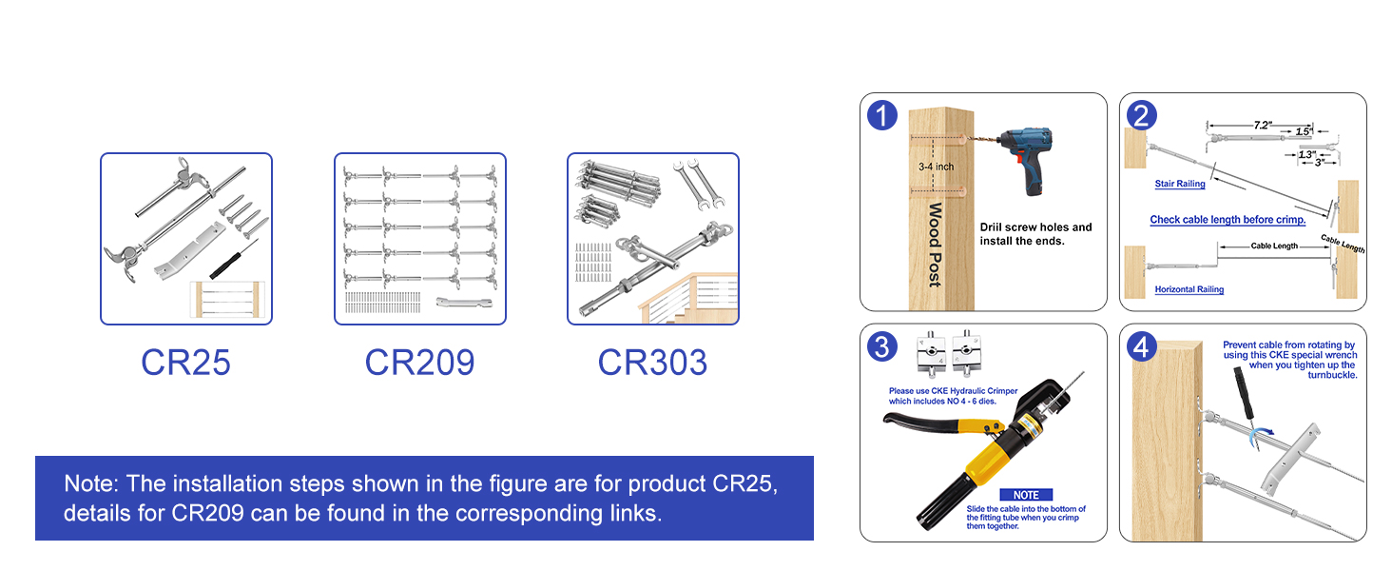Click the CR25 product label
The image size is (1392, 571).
pyautogui.click(x=185, y=363)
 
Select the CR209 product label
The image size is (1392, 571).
pyautogui.click(x=419, y=363)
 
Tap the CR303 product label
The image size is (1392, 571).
pyautogui.click(x=652, y=363)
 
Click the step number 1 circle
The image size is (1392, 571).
pyautogui.click(x=882, y=116)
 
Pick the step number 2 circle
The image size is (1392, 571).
pyautogui.click(x=1141, y=116)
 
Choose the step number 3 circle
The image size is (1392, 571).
pyautogui.click(x=882, y=347)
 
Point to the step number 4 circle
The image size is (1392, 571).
pyautogui.click(x=1141, y=347)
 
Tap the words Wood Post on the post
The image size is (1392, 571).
pyautogui.click(x=935, y=245)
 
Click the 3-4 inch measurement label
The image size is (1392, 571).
pyautogui.click(x=936, y=167)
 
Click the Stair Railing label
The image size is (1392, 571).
pyautogui.click(x=1180, y=184)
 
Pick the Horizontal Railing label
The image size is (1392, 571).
pyautogui.click(x=1189, y=289)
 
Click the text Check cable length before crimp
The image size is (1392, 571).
pyautogui.click(x=1228, y=220)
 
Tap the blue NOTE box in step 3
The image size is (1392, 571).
pyautogui.click(x=1026, y=495)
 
